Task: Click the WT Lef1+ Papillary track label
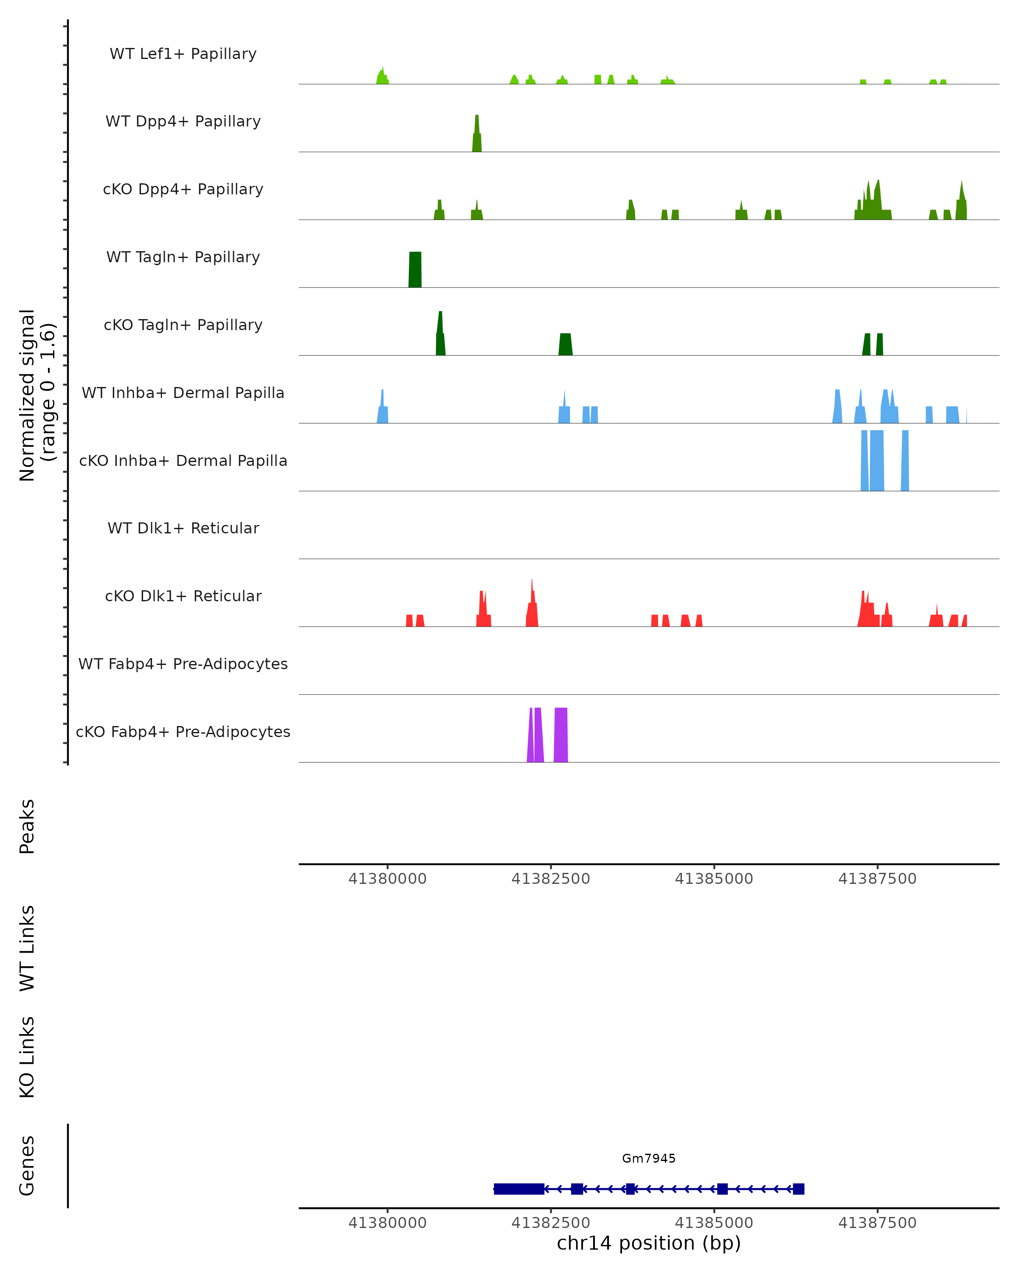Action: [x=183, y=54]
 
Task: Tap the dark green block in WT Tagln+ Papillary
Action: [x=415, y=270]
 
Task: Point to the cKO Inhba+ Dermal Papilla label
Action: [x=183, y=460]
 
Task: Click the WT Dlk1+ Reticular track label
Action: [x=183, y=528]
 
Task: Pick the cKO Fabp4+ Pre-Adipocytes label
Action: [x=183, y=732]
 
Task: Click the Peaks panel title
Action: [x=27, y=826]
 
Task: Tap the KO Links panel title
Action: [x=27, y=1057]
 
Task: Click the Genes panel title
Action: [x=27, y=1166]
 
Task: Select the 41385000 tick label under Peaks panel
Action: [x=714, y=879]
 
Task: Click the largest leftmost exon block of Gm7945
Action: [x=519, y=1189]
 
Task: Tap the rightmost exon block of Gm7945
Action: [x=798, y=1189]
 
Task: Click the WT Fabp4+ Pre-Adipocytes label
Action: [x=183, y=664]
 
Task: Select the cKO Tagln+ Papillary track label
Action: [x=183, y=325]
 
